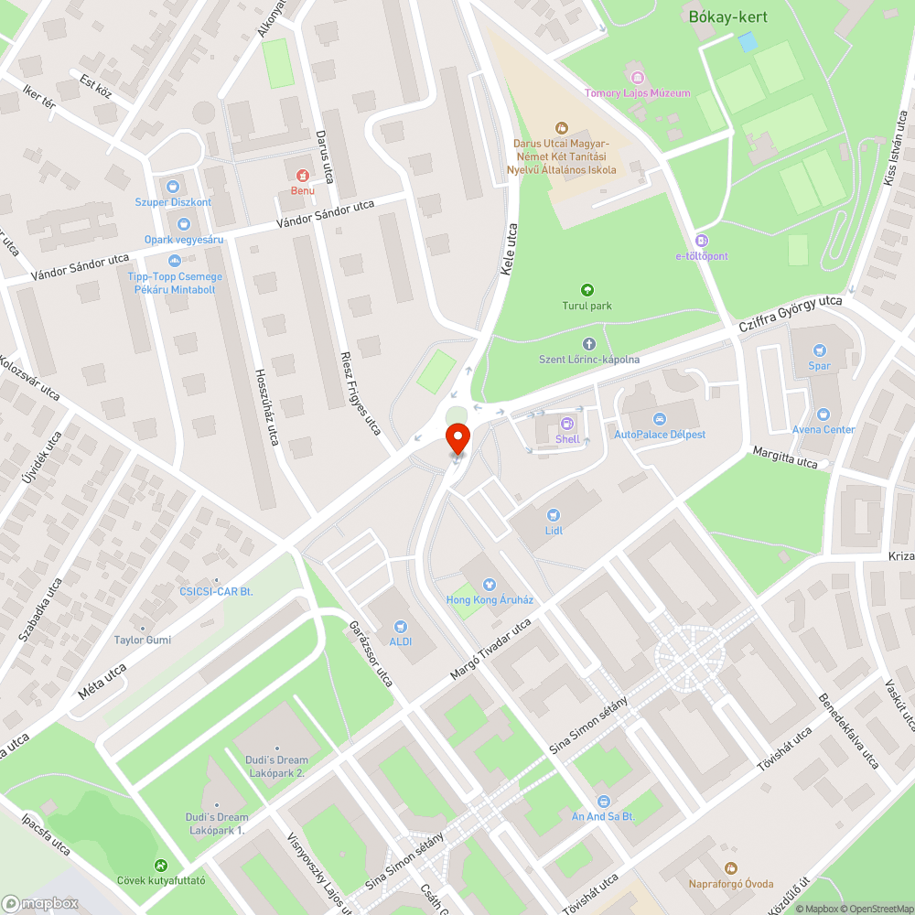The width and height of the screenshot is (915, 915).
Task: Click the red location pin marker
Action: [457, 438]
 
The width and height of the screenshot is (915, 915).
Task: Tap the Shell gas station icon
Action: [567, 423]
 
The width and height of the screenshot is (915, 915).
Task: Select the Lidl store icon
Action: [553, 515]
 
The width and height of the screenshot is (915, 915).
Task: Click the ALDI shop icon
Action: [400, 626]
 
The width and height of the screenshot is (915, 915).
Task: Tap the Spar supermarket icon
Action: [819, 350]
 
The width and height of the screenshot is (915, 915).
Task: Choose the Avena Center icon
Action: [823, 414]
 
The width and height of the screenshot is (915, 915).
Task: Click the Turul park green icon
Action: [587, 289]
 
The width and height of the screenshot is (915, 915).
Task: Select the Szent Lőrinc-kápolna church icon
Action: [588, 343]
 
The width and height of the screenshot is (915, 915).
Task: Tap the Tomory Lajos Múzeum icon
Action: [637, 76]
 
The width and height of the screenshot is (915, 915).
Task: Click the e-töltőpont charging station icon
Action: [701, 240]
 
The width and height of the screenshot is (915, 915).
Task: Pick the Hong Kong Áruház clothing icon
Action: [489, 584]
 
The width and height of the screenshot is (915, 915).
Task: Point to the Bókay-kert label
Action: [727, 17]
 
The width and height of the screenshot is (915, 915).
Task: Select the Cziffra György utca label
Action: [790, 314]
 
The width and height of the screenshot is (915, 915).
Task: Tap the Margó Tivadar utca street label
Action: [490, 650]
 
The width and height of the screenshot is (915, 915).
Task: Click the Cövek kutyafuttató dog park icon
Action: [161, 865]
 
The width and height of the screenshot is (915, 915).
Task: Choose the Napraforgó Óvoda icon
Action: [730, 867]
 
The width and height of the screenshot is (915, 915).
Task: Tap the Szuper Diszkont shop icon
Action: [173, 186]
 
